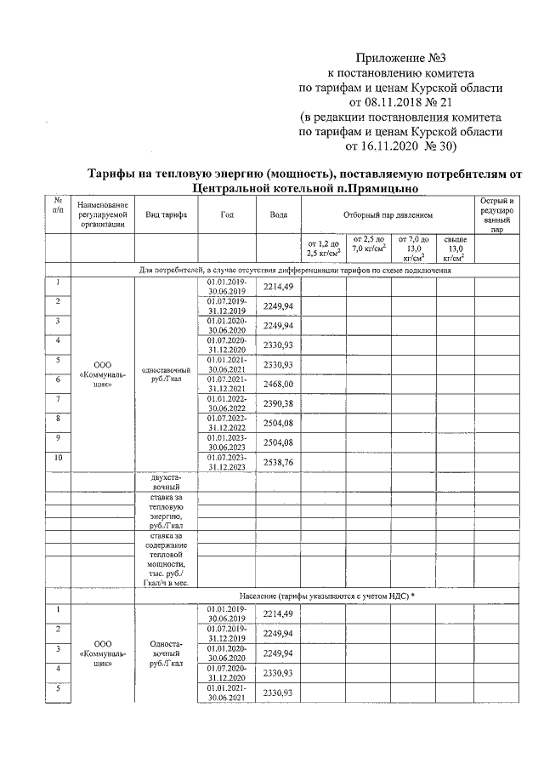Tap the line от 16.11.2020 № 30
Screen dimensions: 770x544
pos(400,145)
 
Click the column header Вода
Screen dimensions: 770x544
pos(278,214)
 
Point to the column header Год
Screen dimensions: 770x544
pos(227,214)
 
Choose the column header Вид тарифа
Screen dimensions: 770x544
pos(167,214)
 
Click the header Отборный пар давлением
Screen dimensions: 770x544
pos(388,214)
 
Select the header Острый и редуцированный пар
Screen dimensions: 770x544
pos(496,214)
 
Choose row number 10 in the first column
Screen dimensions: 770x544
pos(58,458)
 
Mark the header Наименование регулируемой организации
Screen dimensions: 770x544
pos(102,214)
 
